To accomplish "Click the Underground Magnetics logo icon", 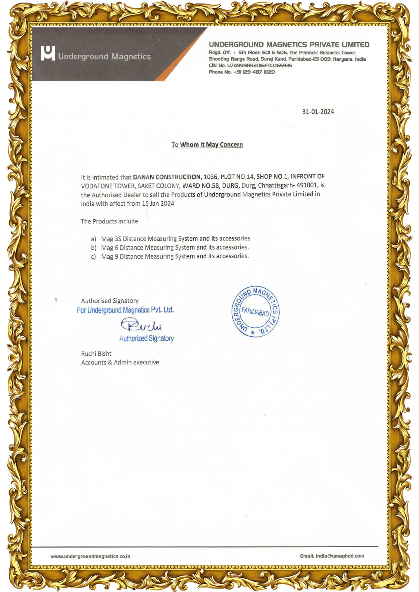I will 48,53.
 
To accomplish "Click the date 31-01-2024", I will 318,112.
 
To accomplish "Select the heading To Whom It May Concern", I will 207,145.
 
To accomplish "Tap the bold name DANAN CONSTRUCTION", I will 166,177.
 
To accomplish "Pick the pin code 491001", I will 307,185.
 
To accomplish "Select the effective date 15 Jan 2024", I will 158,203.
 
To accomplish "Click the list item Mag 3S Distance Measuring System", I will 176,239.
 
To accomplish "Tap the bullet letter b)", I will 94,248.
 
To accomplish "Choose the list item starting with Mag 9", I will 175,256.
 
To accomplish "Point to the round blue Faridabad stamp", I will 255,312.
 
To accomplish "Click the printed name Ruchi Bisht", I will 96,354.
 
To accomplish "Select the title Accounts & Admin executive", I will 120,362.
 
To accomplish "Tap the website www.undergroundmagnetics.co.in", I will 90,556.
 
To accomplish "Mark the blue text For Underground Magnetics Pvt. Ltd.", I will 125,310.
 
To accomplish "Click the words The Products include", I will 109,221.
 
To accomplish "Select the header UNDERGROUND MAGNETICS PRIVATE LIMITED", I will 289,45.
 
